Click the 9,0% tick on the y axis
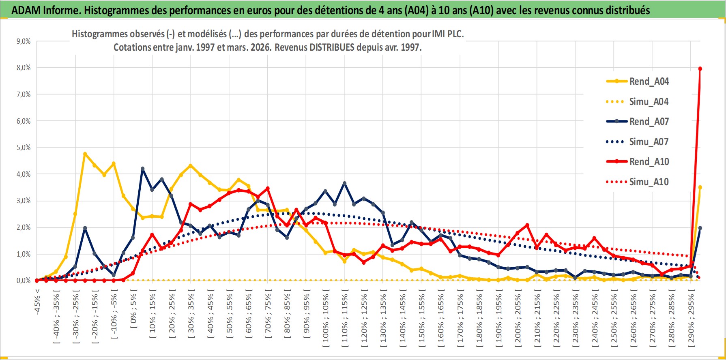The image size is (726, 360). tap(24, 41)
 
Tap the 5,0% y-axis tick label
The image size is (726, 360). tap(24, 148)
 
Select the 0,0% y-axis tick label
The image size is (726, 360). tap(24, 281)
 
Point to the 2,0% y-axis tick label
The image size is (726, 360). tap(24, 227)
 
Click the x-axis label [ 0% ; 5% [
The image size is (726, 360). tap(133, 310)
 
